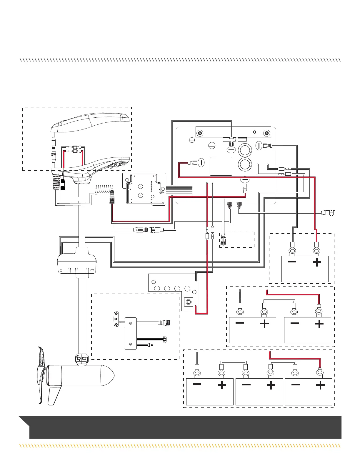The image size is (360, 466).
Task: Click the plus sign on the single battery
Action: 317,262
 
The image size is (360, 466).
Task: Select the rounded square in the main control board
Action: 221,166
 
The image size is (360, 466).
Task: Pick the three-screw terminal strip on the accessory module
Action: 116,319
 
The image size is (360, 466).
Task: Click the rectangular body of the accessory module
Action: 131,333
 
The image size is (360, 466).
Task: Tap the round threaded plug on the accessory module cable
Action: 164,323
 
